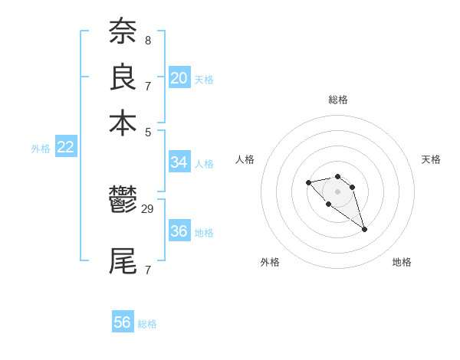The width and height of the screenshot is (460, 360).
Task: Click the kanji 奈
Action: pyautogui.click(x=123, y=32)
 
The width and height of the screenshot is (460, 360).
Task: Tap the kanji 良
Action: pyautogui.click(x=123, y=77)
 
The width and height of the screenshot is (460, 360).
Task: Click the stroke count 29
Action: pyautogui.click(x=148, y=208)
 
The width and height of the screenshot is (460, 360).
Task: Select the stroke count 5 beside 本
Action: pyautogui.click(x=147, y=131)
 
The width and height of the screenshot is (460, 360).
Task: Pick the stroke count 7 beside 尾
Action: pyautogui.click(x=147, y=270)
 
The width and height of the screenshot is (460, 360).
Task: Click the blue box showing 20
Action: pyautogui.click(x=179, y=78)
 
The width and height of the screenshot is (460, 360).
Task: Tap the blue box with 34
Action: pyautogui.click(x=179, y=162)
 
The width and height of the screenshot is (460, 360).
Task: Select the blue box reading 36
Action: pyautogui.click(x=179, y=231)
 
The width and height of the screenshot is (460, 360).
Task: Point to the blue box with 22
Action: pyautogui.click(x=66, y=148)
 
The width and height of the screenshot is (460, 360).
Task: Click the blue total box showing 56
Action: pyautogui.click(x=123, y=322)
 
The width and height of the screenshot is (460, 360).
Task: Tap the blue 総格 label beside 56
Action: pyautogui.click(x=147, y=324)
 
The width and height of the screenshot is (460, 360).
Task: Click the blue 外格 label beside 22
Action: pyautogui.click(x=41, y=149)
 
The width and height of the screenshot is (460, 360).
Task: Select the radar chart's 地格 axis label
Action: pyautogui.click(x=402, y=262)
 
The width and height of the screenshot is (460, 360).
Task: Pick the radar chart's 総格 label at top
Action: pyautogui.click(x=338, y=100)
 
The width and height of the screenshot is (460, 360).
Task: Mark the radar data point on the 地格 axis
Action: pyautogui.click(x=364, y=229)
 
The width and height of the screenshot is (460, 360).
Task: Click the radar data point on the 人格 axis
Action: pyautogui.click(x=308, y=182)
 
